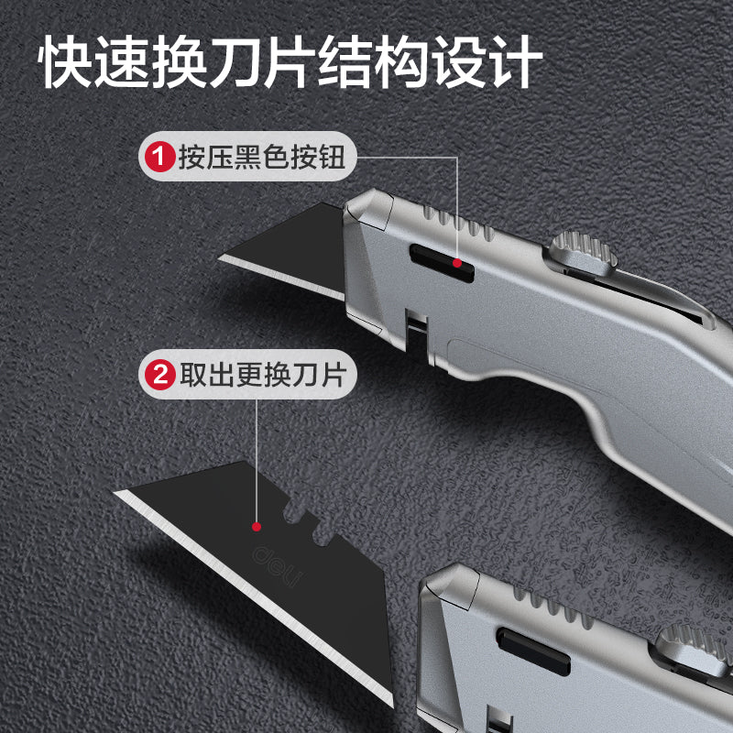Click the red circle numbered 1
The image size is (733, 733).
click(159, 157)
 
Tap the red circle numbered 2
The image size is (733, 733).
click(159, 375)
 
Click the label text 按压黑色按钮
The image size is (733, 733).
click(262, 157)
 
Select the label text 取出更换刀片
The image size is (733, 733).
click(263, 375)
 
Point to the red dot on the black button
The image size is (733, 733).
click(457, 263)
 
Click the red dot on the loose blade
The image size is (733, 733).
click(257, 527)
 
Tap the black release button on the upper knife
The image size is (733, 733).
click(442, 263)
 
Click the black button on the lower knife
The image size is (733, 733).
click(533, 651)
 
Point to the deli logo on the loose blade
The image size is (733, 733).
click(277, 566)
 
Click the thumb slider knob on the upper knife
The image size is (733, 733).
click(583, 254)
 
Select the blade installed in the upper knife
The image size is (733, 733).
click(282, 250)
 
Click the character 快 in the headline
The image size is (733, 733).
click(64, 61)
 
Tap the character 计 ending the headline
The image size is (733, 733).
click(516, 61)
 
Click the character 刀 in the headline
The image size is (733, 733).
click(234, 61)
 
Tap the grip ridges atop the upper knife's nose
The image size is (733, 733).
click(459, 223)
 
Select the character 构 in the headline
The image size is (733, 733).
click(402, 61)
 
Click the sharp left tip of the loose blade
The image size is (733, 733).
click(115, 492)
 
